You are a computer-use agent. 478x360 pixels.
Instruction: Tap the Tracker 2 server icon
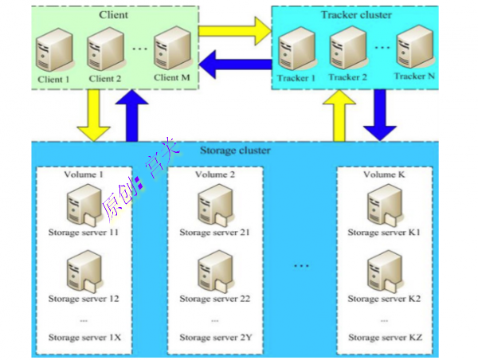(347, 49)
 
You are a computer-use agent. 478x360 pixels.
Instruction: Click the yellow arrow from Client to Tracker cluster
(235, 33)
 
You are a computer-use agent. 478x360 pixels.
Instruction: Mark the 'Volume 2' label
(214, 174)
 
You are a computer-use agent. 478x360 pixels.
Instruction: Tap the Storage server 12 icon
(81, 270)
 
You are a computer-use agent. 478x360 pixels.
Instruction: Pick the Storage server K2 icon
(384, 270)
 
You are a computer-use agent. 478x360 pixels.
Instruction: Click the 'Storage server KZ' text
(385, 338)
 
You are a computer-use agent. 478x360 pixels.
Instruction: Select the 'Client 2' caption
(105, 79)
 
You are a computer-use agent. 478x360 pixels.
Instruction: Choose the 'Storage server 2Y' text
(215, 338)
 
